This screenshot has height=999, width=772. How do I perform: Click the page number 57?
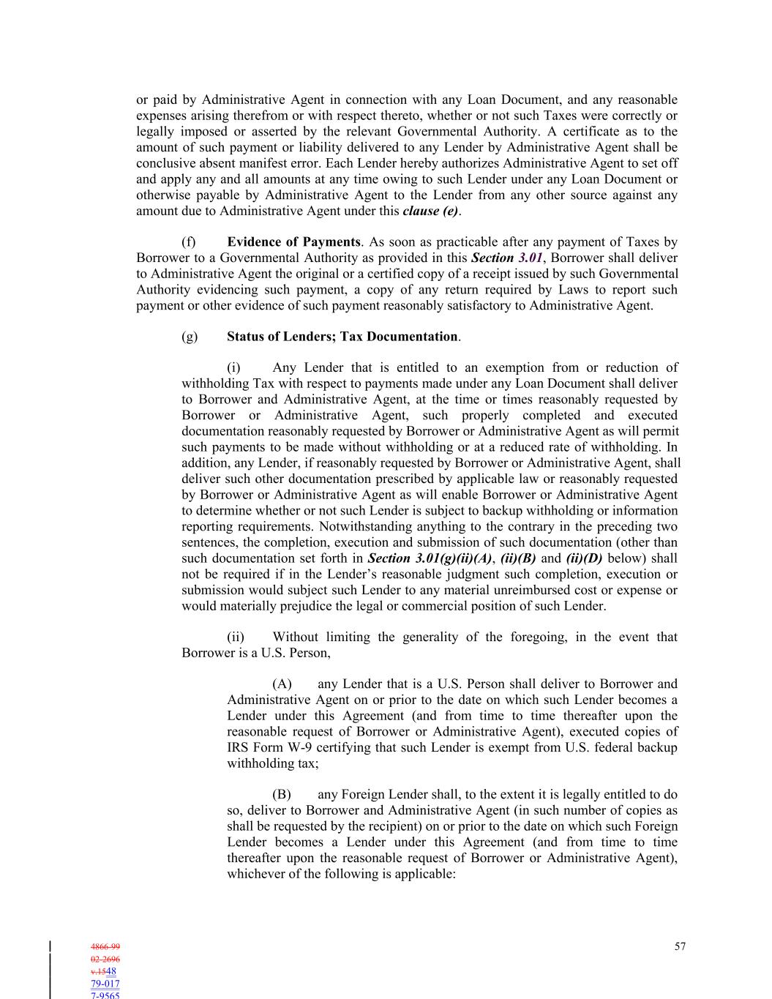[680, 946]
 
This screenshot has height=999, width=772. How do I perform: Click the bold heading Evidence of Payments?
[293, 242]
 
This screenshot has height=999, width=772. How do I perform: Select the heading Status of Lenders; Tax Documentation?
[342, 337]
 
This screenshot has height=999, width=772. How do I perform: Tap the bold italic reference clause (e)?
[431, 212]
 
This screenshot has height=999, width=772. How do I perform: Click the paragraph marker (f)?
[188, 242]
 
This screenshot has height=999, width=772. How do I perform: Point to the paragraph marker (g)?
[189, 337]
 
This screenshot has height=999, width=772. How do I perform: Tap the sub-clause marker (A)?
[282, 684]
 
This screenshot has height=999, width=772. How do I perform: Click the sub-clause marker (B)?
[282, 795]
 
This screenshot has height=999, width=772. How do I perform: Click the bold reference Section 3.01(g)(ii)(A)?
[430, 558]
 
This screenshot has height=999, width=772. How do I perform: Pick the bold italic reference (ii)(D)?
[584, 558]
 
